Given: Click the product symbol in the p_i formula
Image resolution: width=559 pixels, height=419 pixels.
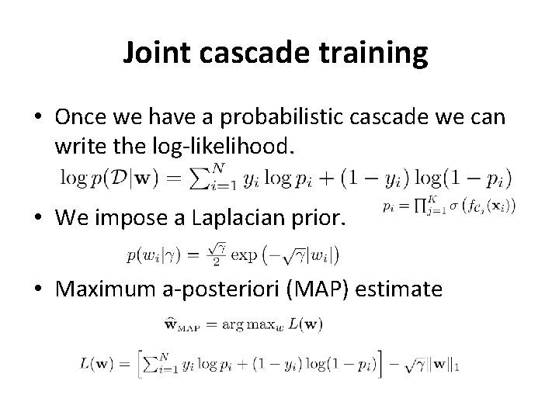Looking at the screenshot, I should tap(424, 206).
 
